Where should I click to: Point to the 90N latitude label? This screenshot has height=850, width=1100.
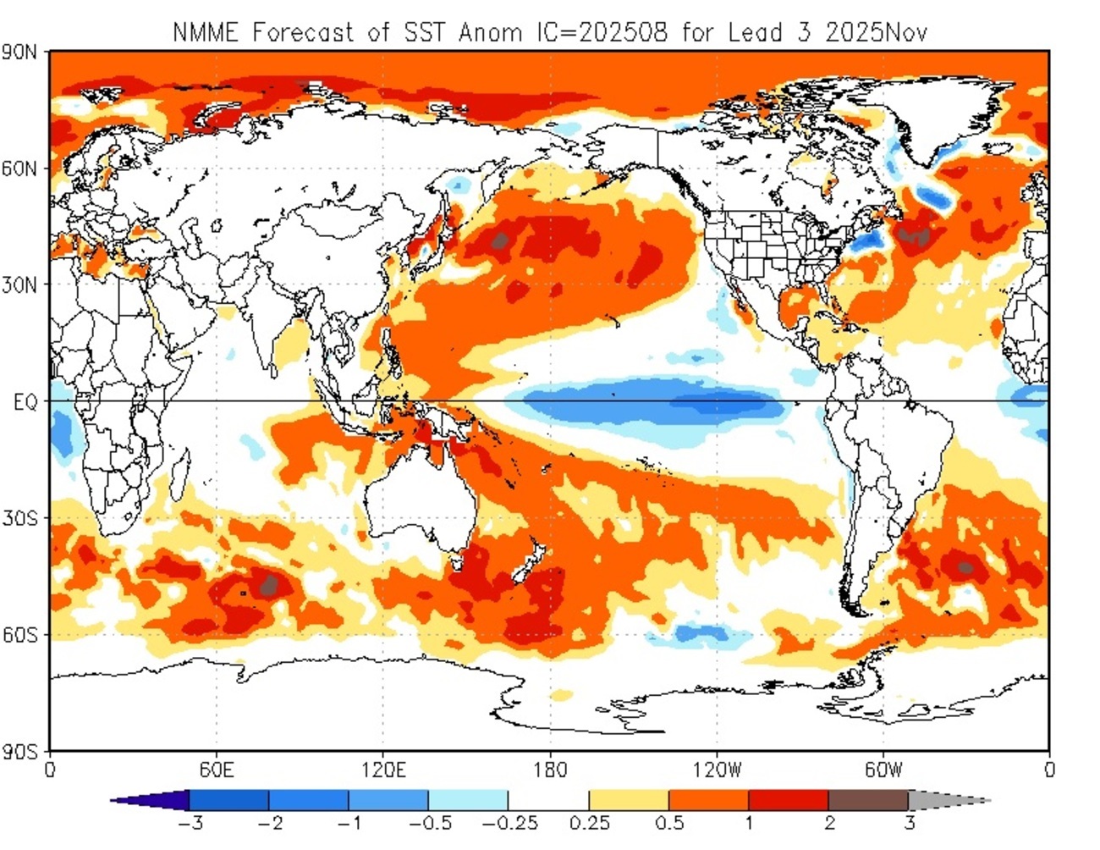coord(19,52)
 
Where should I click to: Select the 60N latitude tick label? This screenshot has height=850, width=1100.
coord(19,168)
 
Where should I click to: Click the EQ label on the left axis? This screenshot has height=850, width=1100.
coord(25,402)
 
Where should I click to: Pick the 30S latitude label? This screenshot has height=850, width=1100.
coord(19,518)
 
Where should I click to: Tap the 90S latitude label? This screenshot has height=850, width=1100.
coord(19,752)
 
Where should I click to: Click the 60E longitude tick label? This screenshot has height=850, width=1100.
coord(217,770)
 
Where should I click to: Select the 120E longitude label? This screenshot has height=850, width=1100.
coord(382,770)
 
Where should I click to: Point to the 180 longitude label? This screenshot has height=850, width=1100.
coord(550,770)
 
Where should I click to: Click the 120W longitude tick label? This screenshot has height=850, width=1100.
coord(716,770)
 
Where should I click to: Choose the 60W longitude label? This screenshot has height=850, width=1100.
coord(883,770)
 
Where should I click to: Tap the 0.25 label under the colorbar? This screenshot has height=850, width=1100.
coord(589,823)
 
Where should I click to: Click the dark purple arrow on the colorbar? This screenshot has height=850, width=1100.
coord(157,800)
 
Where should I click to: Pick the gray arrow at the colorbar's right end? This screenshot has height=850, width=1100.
coord(943,800)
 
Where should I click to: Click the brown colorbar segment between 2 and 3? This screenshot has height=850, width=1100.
coord(868,800)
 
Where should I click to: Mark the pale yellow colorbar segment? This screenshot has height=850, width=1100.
coord(629,800)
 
